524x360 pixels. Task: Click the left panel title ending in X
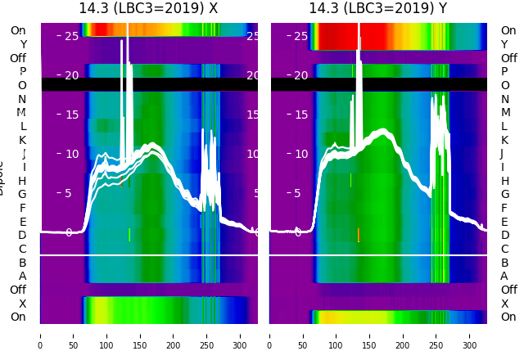[x=148, y=8]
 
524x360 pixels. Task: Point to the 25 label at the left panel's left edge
[x=71, y=36]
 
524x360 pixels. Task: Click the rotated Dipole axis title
[x=2, y=181]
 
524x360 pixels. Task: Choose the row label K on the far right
[x=504, y=140]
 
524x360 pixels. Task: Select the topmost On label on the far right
[x=508, y=31]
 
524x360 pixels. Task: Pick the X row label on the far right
[x=504, y=304]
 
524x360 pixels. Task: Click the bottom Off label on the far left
[x=18, y=290]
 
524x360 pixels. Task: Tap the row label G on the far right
[x=504, y=195]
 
